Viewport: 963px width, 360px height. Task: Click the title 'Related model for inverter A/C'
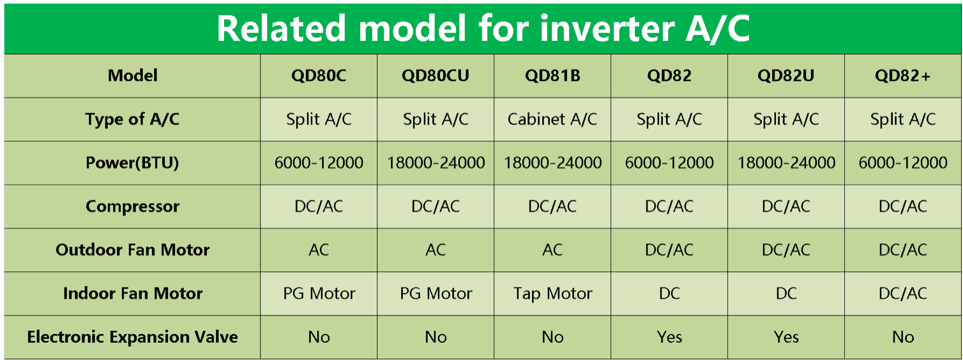coord(483,28)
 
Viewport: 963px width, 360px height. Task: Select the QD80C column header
coord(319,75)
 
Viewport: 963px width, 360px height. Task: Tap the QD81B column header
coord(552,75)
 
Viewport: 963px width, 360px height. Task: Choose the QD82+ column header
coord(903,75)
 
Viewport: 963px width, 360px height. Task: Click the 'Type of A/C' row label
coord(132,119)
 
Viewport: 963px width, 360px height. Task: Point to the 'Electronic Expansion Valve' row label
coord(132,337)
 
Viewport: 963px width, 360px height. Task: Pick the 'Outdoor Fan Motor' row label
coord(132,250)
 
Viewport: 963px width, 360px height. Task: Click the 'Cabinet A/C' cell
coord(552,119)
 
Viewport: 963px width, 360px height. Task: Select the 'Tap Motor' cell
coord(552,294)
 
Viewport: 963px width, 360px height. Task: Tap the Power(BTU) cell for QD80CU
coord(436,163)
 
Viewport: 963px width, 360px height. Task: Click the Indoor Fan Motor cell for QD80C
coord(319,294)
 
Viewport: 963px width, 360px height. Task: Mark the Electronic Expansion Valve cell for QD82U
coord(786,337)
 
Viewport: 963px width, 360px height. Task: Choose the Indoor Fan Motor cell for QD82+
coord(903,294)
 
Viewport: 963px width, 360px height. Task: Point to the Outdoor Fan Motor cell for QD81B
coord(552,250)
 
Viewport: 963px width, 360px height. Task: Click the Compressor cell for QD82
coord(669,206)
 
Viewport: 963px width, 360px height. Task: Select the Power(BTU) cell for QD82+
coord(903,163)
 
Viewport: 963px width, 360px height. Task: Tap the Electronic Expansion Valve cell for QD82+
coord(903,337)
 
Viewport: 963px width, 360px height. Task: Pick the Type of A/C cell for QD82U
coord(786,119)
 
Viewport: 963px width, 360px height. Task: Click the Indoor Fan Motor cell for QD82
coord(669,294)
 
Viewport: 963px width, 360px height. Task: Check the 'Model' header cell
coord(132,75)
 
